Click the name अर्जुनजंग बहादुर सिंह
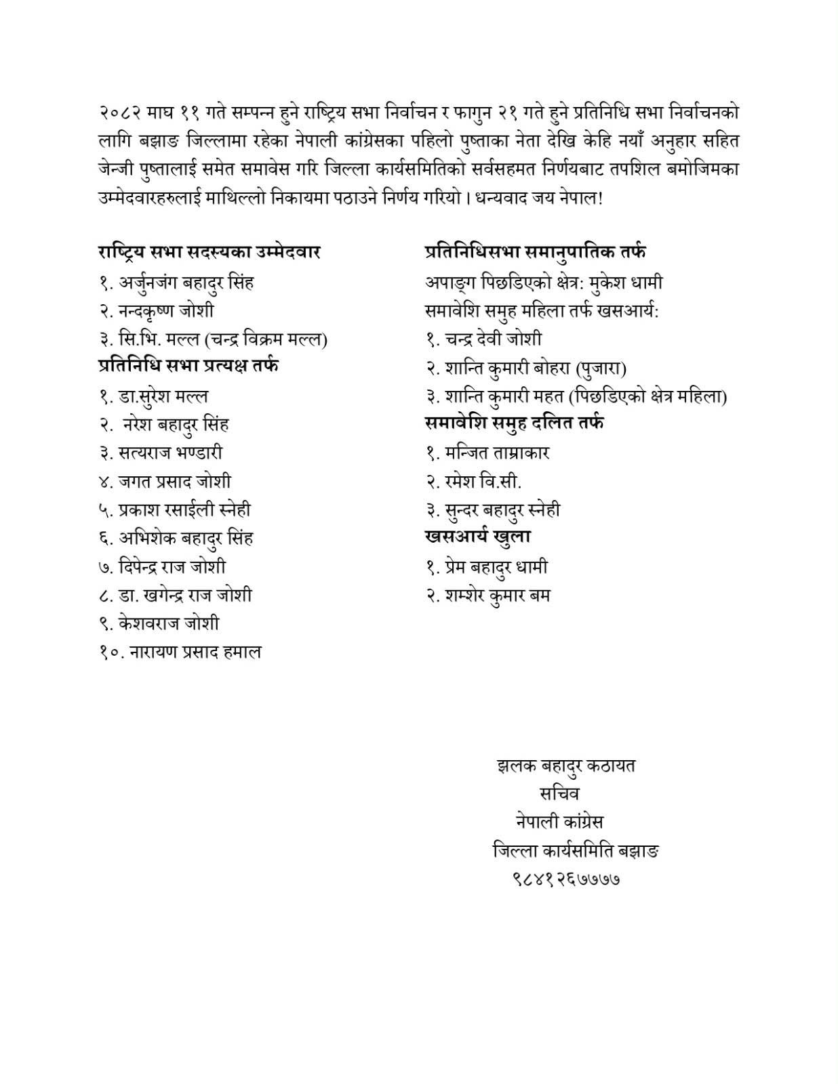(186, 283)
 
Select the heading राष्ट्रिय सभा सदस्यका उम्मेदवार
(209, 252)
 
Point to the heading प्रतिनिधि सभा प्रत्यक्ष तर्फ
(188, 366)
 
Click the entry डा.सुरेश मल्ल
(163, 396)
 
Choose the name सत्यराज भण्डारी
(170, 453)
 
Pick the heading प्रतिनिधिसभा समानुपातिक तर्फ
(535, 252)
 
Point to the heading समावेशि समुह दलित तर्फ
(515, 423)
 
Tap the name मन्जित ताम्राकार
(497, 453)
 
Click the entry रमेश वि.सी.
(483, 481)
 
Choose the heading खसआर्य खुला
(477, 536)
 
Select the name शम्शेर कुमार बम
(498, 596)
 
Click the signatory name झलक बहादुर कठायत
(566, 766)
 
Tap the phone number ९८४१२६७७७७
(566, 879)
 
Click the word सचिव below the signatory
(559, 793)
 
